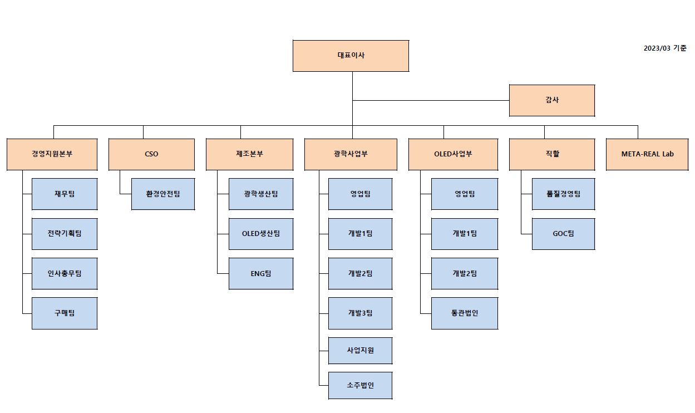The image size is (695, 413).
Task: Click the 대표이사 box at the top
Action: (x=351, y=56)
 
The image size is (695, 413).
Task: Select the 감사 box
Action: (x=551, y=100)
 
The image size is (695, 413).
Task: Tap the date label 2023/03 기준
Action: (x=664, y=48)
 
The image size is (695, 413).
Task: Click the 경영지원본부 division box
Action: (x=52, y=154)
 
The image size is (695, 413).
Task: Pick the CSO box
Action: (x=151, y=154)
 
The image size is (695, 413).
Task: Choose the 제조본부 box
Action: (x=249, y=154)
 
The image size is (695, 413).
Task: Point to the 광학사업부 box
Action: (x=350, y=154)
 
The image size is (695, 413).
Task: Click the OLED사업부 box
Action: (x=452, y=154)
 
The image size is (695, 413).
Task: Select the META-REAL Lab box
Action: (x=647, y=154)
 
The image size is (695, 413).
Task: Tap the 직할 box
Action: (x=551, y=154)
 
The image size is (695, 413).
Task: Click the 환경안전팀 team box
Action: (x=162, y=194)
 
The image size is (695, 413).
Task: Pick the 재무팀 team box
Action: (x=64, y=194)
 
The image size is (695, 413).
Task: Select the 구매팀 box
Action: (x=64, y=313)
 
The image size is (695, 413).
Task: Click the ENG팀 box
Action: (x=260, y=273)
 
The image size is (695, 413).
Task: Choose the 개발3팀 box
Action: (x=360, y=313)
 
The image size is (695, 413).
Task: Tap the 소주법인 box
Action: (x=360, y=385)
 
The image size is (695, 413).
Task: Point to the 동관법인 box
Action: (x=464, y=313)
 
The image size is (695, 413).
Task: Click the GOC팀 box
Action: (x=563, y=234)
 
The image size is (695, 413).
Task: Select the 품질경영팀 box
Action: (x=563, y=194)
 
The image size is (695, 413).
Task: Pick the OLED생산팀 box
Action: (x=260, y=234)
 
